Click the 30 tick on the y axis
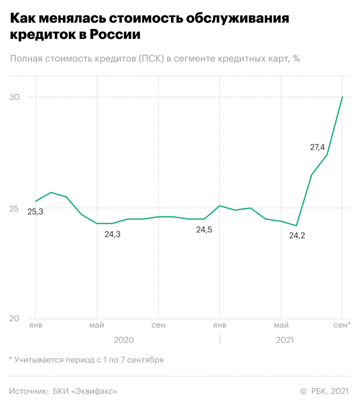click(x=14, y=97)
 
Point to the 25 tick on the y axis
click(x=14, y=208)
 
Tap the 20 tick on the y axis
click(x=14, y=319)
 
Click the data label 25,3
click(x=35, y=212)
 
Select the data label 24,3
click(x=112, y=234)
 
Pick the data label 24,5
click(x=204, y=230)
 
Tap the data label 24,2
click(x=297, y=236)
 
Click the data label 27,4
click(x=317, y=147)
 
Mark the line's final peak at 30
click(x=342, y=97)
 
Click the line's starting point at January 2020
click(x=36, y=201)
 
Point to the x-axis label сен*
click(x=342, y=326)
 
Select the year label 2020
click(x=124, y=340)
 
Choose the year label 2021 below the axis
click(x=285, y=340)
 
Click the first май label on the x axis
click(x=97, y=326)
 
